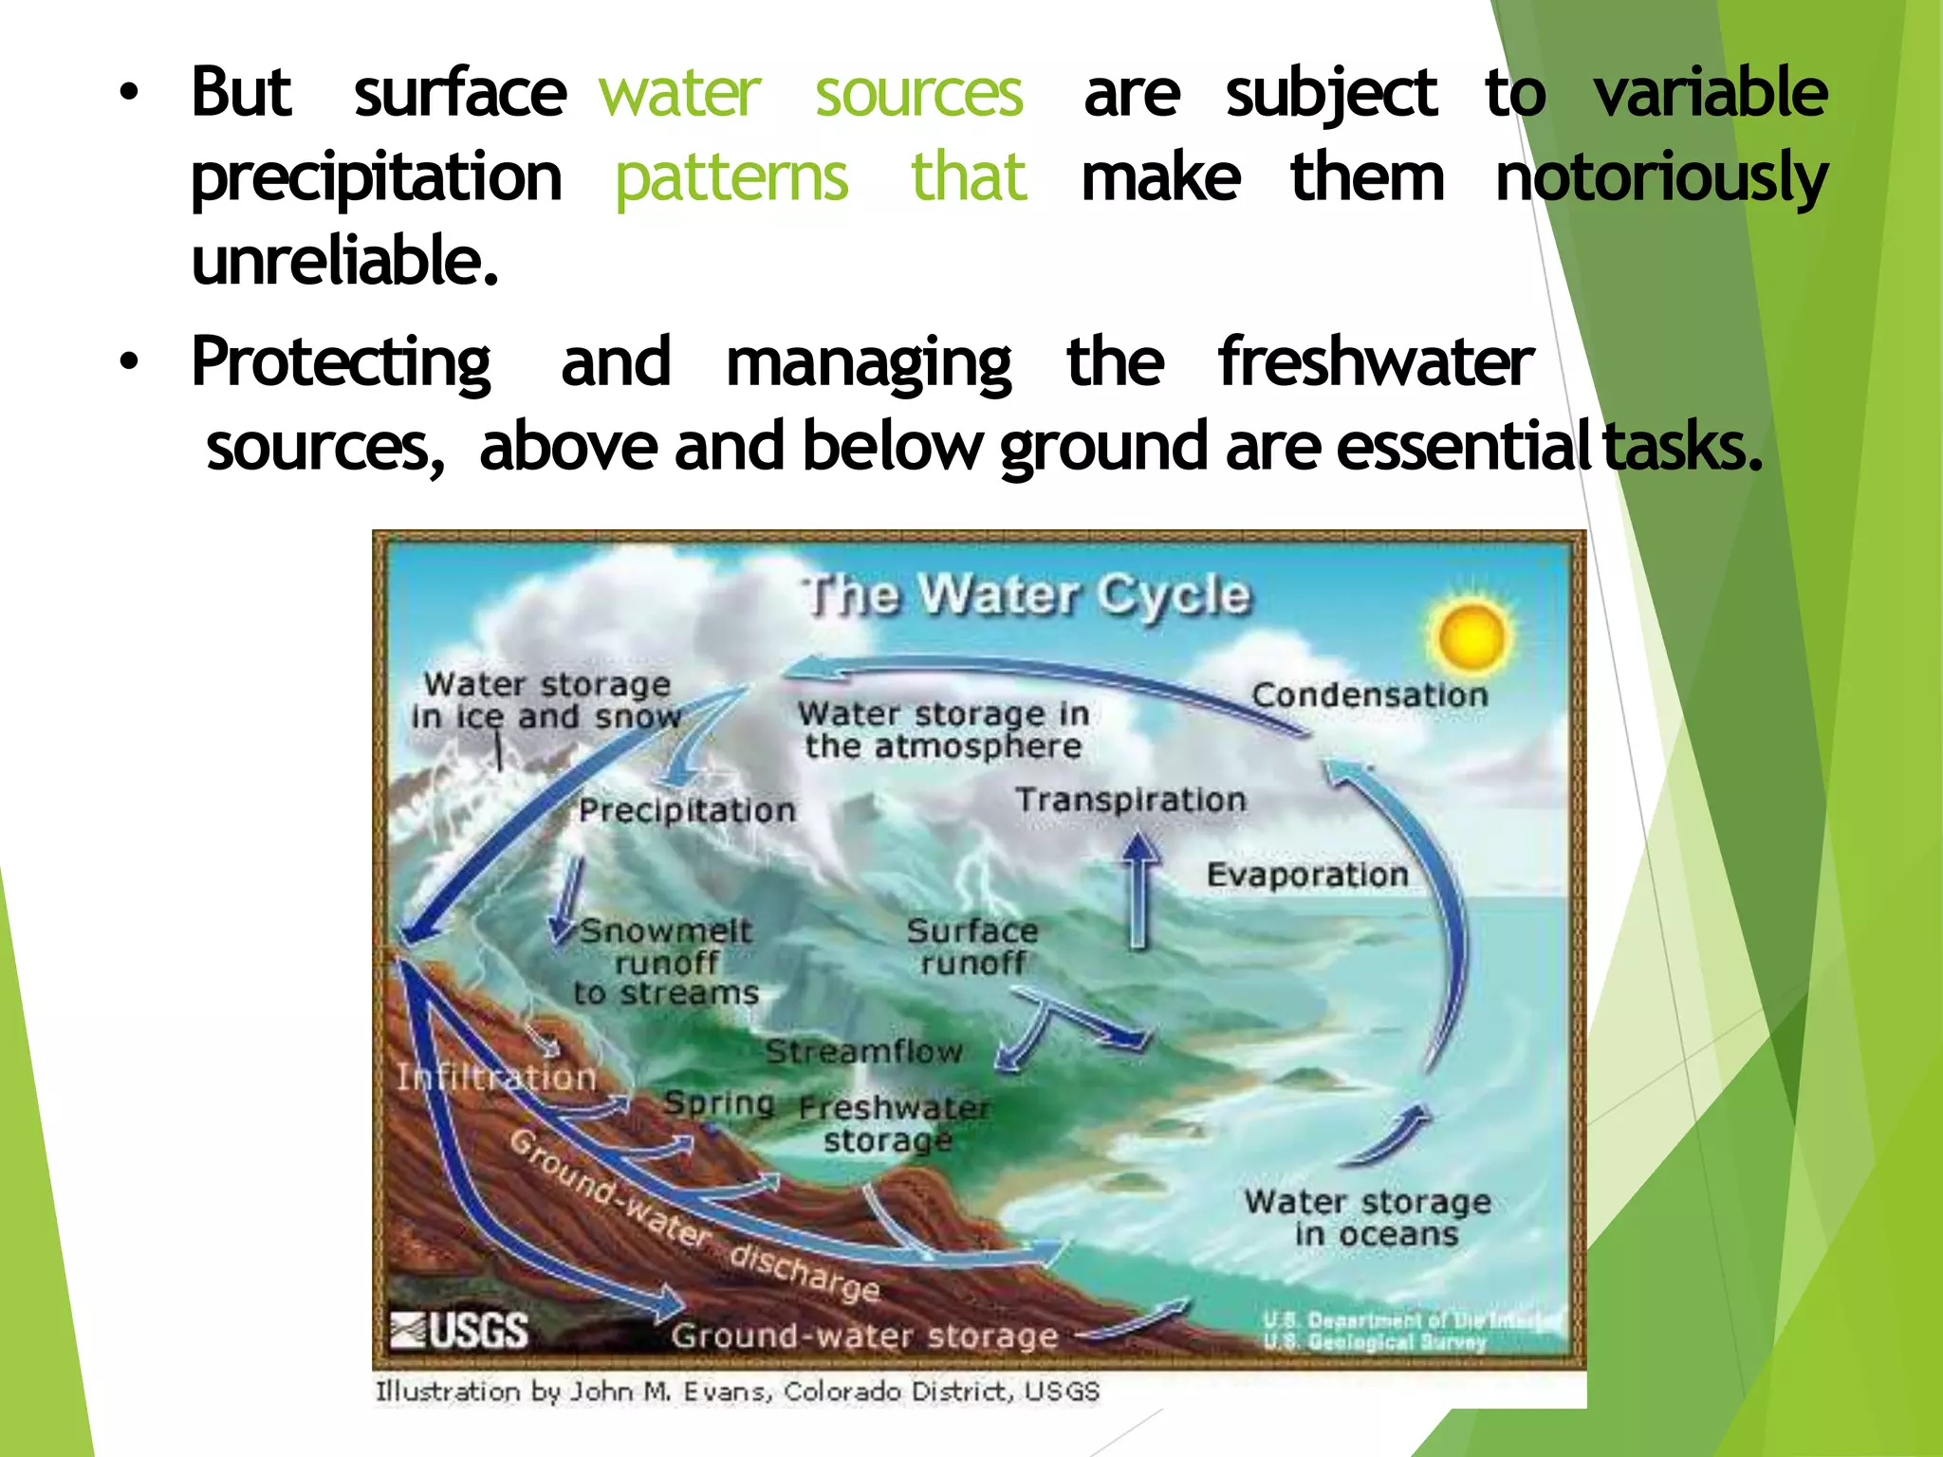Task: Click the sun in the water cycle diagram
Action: (1471, 637)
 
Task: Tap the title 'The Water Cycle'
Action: (1027, 596)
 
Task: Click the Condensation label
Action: (1369, 695)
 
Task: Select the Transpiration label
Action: (1131, 801)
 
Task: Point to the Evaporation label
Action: (1307, 875)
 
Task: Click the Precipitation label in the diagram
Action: (687, 811)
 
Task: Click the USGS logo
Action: (460, 1330)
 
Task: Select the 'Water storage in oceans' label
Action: (1368, 1218)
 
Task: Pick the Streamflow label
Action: (863, 1052)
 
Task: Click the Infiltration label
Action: (496, 1078)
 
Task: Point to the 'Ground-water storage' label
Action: (864, 1337)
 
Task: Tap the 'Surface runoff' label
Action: (972, 947)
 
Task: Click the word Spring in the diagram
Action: (719, 1103)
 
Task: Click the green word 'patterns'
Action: (731, 178)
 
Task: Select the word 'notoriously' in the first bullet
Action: (1660, 178)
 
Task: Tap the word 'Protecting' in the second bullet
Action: (341, 362)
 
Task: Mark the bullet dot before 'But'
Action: (129, 93)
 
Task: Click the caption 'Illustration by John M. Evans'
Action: (737, 1392)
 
